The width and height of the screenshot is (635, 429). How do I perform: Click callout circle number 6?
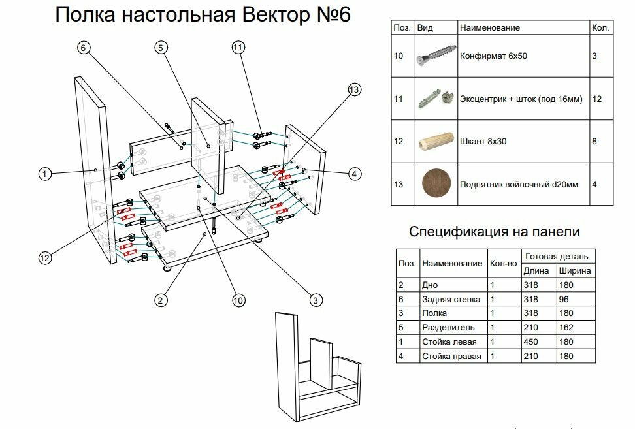[x=83, y=48]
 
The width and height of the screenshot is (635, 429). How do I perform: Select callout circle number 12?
[x=44, y=259]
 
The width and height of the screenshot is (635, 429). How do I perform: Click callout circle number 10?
[x=238, y=300]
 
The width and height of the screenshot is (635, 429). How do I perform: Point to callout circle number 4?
[x=353, y=174]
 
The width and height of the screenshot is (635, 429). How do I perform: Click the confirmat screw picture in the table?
[x=435, y=56]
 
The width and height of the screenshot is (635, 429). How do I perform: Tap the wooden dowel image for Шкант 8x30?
[x=435, y=142]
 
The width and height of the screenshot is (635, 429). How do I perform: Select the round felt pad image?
[x=435, y=184]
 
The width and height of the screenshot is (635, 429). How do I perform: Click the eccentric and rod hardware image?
[x=435, y=99]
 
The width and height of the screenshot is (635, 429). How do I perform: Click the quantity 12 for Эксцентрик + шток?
[x=596, y=99]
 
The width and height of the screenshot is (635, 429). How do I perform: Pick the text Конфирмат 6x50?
[x=493, y=57]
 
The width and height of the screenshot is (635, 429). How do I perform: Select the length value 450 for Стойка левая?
[x=530, y=342]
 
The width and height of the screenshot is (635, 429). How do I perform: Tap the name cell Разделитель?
[x=448, y=328]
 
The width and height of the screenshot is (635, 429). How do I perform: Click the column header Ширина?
[x=574, y=270]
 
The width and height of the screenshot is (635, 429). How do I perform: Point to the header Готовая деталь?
[x=557, y=256]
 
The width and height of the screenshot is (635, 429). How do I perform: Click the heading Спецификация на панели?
[x=494, y=232]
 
